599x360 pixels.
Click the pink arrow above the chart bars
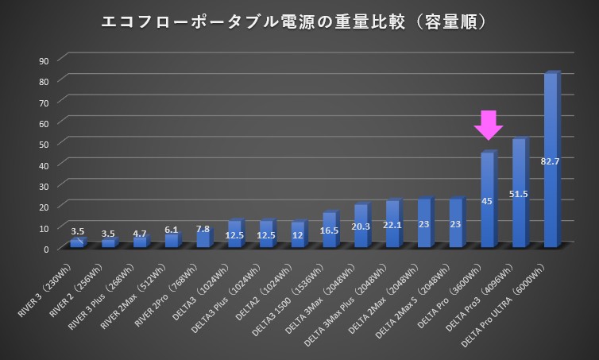489,125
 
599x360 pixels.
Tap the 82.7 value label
551,161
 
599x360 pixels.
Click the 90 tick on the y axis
44,60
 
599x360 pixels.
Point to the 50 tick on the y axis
44,144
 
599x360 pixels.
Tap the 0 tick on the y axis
47,248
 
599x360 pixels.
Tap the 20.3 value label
361,225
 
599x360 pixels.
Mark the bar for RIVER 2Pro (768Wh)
203,239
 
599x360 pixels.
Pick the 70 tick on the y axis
44,103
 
